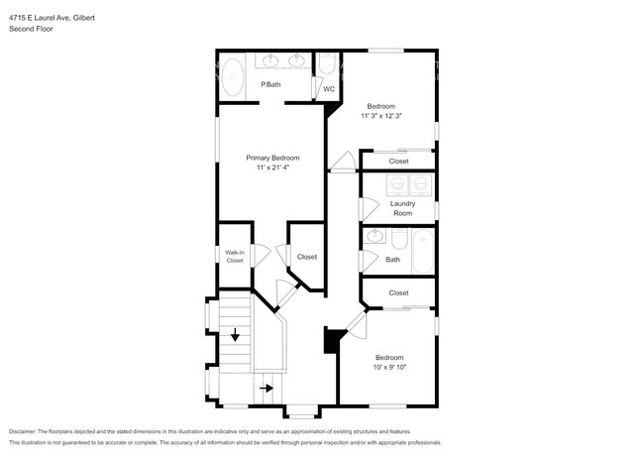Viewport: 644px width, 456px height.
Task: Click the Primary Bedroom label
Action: click(272, 158)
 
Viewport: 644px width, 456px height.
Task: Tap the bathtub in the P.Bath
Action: click(232, 78)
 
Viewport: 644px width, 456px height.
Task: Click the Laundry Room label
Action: click(401, 208)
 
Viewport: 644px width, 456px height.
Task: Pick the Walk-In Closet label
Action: click(234, 257)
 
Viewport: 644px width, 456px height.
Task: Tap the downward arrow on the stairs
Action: click(235, 335)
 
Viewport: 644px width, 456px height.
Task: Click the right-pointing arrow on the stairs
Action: click(267, 388)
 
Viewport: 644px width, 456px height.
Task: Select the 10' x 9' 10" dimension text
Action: click(389, 368)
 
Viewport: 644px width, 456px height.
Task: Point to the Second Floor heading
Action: click(33, 30)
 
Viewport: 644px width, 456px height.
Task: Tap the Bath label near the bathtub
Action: click(392, 260)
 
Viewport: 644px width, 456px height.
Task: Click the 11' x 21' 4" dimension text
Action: click(272, 168)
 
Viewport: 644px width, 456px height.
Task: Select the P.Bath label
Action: click(270, 85)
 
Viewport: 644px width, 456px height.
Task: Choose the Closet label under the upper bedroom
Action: click(398, 161)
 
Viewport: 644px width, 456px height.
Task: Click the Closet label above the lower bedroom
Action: click(398, 293)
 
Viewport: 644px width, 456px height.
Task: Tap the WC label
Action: click(329, 89)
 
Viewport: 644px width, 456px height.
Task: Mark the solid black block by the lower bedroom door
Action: click(331, 340)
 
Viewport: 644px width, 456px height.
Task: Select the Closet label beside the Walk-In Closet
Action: click(307, 257)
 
